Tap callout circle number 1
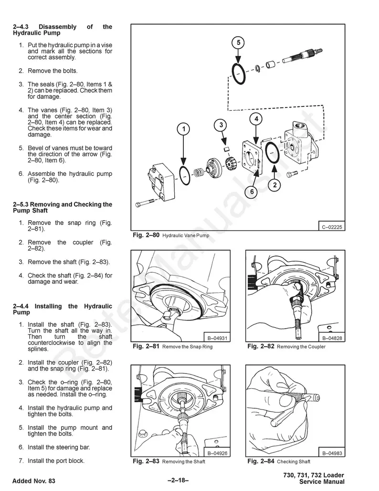click(184, 129)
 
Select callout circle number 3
click(221, 125)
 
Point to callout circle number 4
click(256, 118)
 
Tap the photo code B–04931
click(217, 338)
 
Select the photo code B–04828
click(332, 338)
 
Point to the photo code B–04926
click(217, 453)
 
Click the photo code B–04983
click(332, 453)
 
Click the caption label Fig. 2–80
click(146, 235)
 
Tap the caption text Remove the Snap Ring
click(187, 347)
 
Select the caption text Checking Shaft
click(294, 462)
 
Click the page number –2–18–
click(179, 481)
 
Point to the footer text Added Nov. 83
click(34, 481)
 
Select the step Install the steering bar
click(59, 448)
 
